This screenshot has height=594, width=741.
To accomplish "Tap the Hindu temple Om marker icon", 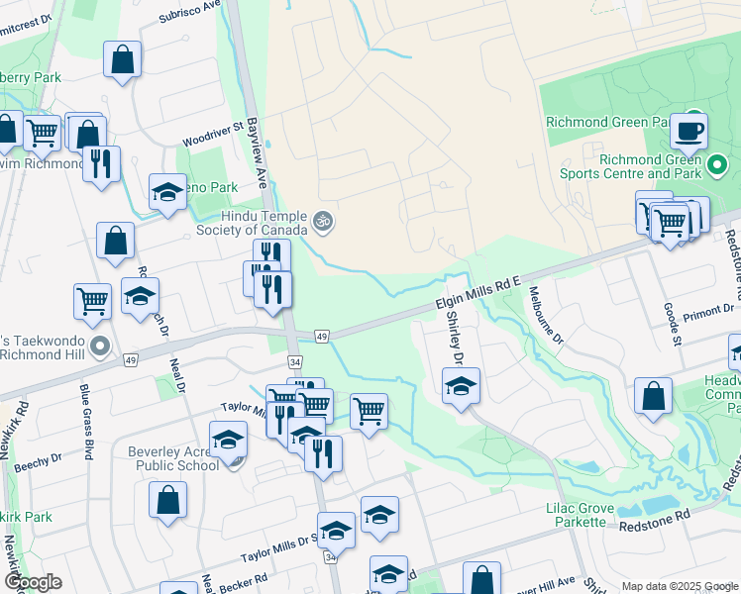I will [x=321, y=222].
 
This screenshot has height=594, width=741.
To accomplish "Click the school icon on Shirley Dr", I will [x=461, y=386].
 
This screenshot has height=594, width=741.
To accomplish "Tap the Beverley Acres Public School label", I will [x=174, y=459].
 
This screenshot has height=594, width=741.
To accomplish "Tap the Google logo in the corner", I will [x=32, y=581].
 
